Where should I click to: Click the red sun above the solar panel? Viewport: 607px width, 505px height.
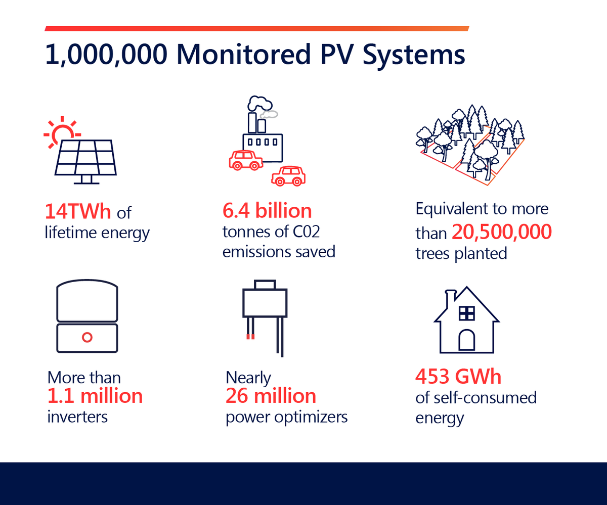[62, 131]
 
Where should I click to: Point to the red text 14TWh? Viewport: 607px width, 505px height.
[78, 211]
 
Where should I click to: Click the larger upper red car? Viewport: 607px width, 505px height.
[246, 160]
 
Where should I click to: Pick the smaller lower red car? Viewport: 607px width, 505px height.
[288, 176]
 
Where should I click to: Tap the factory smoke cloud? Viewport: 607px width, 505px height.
[258, 103]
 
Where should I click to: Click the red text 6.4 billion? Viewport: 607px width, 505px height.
[267, 211]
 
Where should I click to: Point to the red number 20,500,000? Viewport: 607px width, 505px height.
[501, 232]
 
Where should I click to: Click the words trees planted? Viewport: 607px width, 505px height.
[461, 253]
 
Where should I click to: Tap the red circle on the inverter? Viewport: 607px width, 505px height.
[87, 337]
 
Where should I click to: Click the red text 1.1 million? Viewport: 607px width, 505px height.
[95, 396]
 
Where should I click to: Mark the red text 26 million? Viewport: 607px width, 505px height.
[271, 396]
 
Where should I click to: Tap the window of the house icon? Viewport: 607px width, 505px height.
[466, 313]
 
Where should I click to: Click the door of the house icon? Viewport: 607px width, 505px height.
[466, 341]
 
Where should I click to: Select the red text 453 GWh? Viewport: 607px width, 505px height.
[458, 377]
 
